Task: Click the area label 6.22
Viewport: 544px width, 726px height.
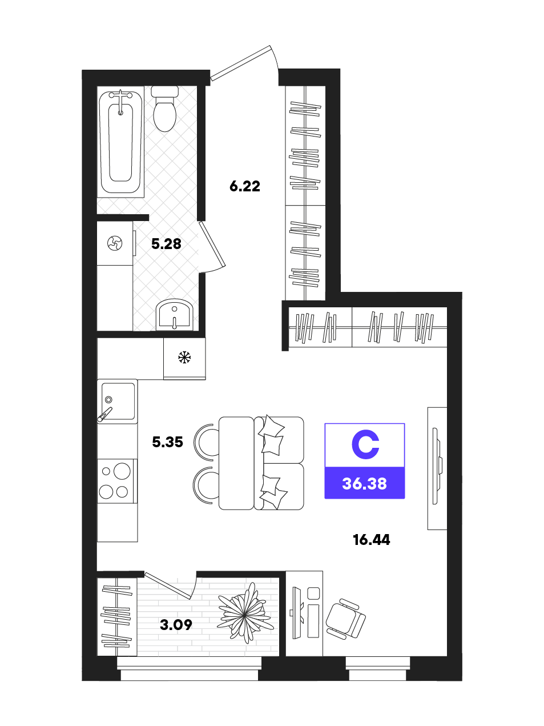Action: tap(244, 186)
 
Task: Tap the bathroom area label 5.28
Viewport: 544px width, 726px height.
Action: tap(166, 244)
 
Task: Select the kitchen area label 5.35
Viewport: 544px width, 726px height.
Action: tap(167, 442)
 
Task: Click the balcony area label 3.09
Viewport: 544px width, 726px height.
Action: tap(176, 625)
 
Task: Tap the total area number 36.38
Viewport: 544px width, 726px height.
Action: tap(365, 484)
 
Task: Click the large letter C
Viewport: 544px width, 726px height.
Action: tap(365, 444)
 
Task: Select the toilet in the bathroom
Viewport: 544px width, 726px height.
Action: tap(164, 109)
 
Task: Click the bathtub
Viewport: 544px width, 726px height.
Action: tap(121, 142)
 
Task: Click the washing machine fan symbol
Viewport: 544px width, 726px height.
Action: tap(115, 243)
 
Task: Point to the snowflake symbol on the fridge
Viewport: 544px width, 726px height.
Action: tap(184, 357)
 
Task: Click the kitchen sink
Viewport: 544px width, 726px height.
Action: tap(118, 402)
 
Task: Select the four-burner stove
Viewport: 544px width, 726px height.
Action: tap(118, 481)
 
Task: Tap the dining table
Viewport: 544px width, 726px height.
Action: tap(236, 463)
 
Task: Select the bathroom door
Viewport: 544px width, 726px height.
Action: tap(212, 245)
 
